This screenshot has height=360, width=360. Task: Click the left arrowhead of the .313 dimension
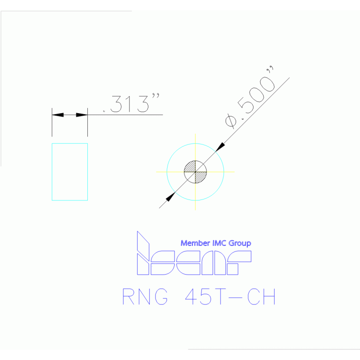point(58,115)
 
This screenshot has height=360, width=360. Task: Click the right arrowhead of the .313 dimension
point(82,115)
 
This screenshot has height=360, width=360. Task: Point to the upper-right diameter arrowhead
point(220,147)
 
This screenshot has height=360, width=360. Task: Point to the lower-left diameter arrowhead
point(170,197)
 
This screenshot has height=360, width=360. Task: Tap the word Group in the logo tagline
point(240,244)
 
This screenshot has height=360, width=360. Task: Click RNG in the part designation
point(145,297)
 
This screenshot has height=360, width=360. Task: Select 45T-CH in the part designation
point(230,297)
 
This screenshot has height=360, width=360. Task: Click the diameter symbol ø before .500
point(231,121)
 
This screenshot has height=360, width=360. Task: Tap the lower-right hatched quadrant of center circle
point(200,177)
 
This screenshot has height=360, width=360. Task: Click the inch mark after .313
point(156,95)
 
